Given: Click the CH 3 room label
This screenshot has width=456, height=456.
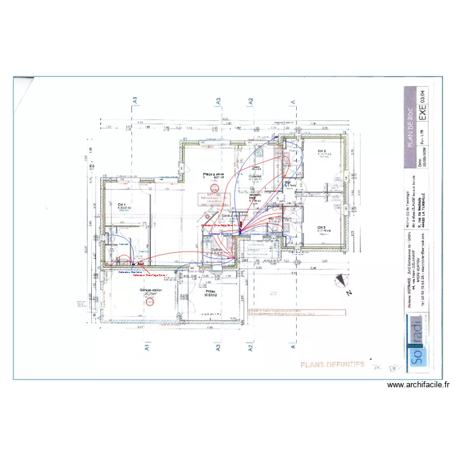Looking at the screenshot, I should click(321, 151).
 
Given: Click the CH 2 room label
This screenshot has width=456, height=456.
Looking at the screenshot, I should click(322, 227).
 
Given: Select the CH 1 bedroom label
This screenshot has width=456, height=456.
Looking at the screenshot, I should click(122, 204).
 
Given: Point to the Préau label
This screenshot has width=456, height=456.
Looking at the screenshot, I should click(211, 292).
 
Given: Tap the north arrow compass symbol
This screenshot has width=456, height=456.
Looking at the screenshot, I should click(340, 280).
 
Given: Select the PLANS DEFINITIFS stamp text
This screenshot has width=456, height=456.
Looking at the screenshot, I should click(332, 365).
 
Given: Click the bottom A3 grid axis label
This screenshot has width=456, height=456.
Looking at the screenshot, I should click(216, 348).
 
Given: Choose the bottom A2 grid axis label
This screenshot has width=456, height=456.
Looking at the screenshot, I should click(249, 348).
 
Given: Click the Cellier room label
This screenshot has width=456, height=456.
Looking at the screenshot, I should click(216, 250).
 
